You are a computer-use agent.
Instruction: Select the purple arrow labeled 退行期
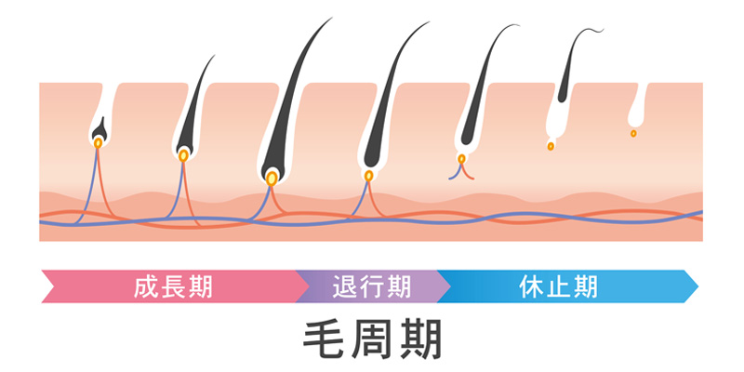click(373, 286)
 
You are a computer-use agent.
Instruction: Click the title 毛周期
click(373, 339)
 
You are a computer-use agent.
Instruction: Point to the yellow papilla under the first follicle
click(98, 143)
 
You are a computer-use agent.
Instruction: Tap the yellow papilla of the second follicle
click(183, 155)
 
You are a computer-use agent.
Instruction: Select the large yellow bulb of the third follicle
click(272, 179)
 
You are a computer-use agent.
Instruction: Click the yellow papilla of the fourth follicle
click(368, 176)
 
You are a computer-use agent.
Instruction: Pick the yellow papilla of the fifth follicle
click(461, 159)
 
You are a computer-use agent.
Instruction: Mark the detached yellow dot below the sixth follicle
click(551, 146)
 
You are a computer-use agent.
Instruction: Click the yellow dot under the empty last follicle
click(633, 133)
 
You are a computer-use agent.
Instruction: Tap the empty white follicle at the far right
click(637, 108)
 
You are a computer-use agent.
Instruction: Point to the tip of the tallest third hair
click(332, 18)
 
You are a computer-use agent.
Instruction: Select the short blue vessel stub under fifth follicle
click(455, 173)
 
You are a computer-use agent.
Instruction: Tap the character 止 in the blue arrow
click(558, 286)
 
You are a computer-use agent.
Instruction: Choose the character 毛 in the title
click(324, 339)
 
